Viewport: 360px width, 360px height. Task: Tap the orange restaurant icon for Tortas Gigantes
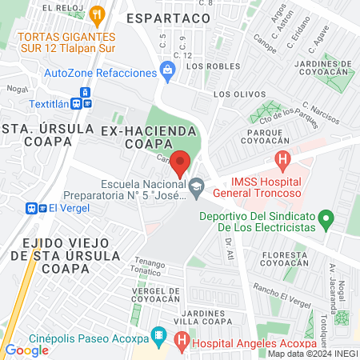(x=98, y=13)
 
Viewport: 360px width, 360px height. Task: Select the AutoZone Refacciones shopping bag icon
(x=167, y=72)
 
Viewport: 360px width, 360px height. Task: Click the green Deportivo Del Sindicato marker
(x=325, y=217)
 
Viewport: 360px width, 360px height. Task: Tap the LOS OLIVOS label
(x=233, y=94)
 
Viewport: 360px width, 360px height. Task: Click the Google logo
(x=26, y=350)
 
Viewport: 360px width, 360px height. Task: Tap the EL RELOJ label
(x=62, y=7)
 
